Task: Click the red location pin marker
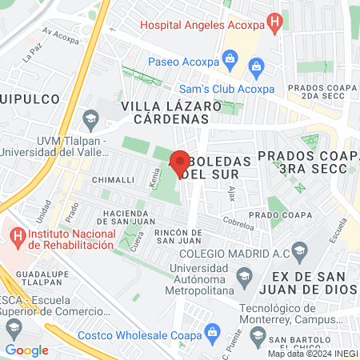180,164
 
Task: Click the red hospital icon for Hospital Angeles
275,24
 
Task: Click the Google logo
26,350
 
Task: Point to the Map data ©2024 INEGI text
312,354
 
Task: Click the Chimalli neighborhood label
112,180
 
